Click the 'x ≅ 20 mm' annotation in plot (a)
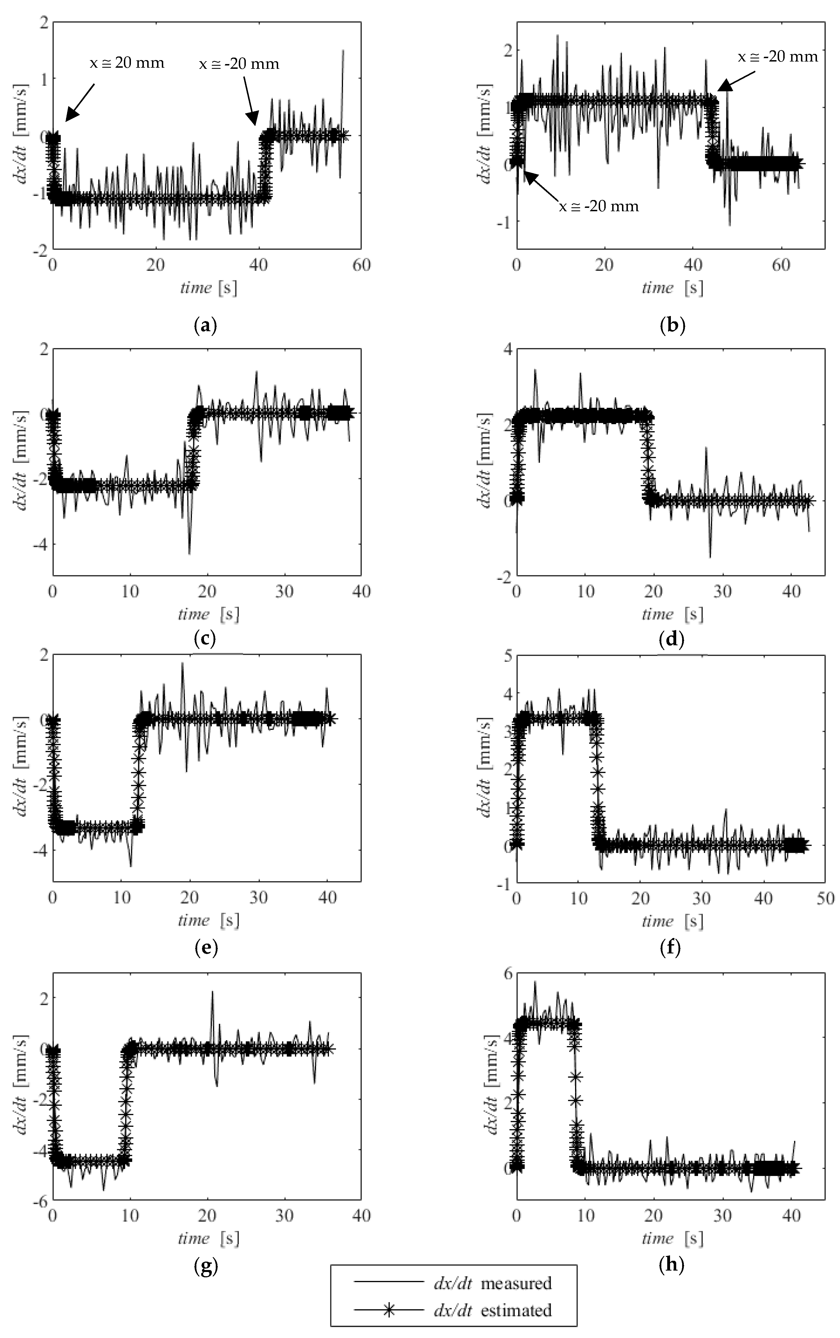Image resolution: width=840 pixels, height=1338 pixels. point(127,63)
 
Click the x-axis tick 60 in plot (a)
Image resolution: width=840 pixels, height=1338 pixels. point(361,265)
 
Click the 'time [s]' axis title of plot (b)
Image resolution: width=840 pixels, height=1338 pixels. point(672,288)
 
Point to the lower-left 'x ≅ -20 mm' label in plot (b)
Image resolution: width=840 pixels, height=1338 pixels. point(598,207)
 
